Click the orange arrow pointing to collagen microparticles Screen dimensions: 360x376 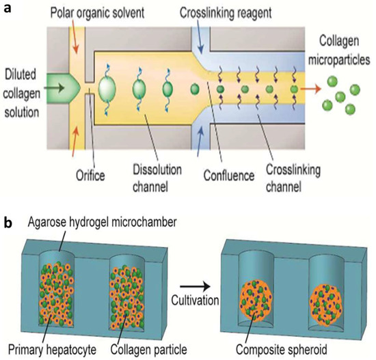point(317,89)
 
